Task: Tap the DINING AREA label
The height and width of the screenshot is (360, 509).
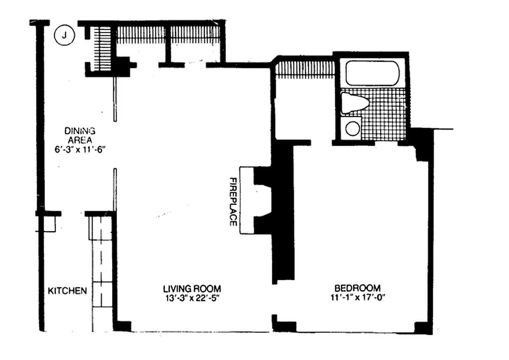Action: pyautogui.click(x=80, y=135)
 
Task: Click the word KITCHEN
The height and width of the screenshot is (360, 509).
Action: pyautogui.click(x=67, y=291)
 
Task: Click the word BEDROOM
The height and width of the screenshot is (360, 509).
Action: pyautogui.click(x=357, y=288)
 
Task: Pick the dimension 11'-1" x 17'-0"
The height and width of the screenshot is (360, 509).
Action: pyautogui.click(x=357, y=297)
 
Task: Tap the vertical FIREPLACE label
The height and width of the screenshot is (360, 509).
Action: pyautogui.click(x=233, y=201)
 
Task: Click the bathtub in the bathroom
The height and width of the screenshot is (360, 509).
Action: pyautogui.click(x=373, y=73)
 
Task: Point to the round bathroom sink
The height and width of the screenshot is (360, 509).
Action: pyautogui.click(x=352, y=128)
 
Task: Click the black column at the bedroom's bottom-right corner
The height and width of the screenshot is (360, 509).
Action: pyautogui.click(x=423, y=328)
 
